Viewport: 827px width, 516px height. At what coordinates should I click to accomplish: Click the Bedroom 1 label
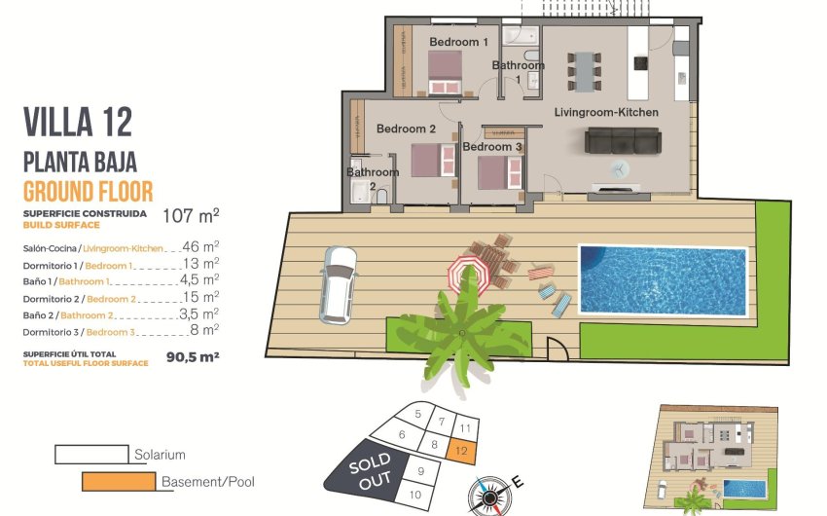pos(458,42)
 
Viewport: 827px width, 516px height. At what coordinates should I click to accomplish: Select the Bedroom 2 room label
pos(406,129)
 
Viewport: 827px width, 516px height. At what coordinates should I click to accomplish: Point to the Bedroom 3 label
pos(492,147)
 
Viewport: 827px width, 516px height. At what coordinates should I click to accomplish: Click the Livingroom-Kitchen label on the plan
pos(606,113)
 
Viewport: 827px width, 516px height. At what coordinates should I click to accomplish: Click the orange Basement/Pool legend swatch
pos(118,480)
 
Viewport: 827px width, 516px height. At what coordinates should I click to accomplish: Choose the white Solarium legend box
pos(91,454)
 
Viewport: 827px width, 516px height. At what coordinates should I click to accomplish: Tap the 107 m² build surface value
pos(191,215)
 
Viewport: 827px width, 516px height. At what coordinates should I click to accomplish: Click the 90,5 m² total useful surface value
pos(193,357)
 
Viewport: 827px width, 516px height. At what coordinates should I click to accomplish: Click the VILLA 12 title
pos(78,124)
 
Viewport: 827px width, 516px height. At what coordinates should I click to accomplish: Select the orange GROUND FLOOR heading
pos(88,191)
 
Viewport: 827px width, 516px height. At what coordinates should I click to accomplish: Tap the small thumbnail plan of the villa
pos(715,458)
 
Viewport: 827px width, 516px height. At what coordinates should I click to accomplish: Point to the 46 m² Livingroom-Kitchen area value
pos(200,247)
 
